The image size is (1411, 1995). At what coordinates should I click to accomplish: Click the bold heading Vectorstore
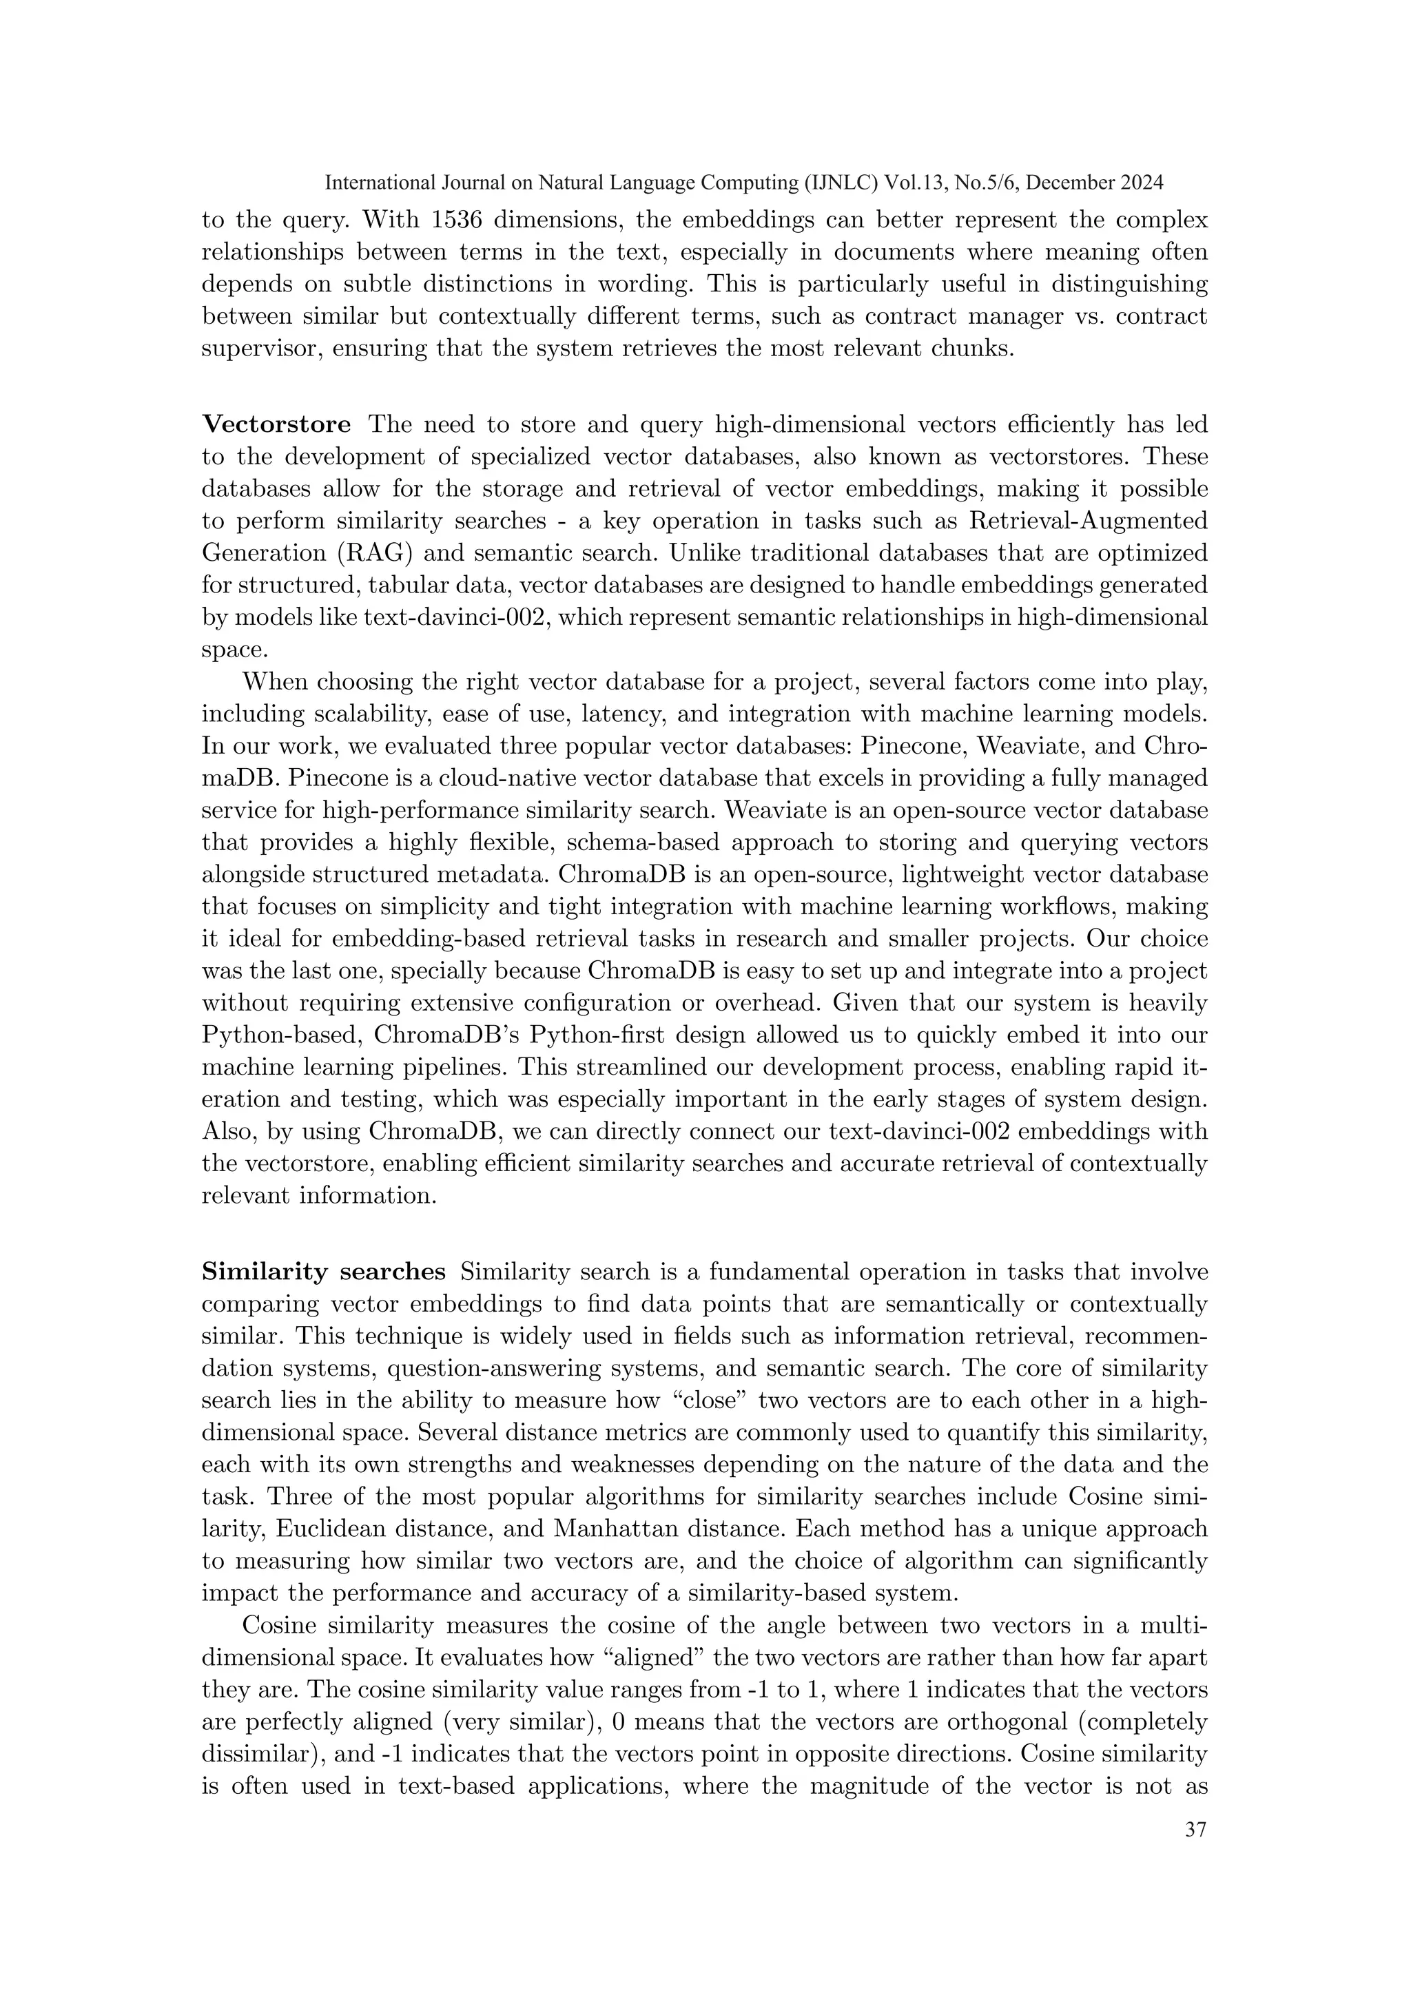(x=276, y=424)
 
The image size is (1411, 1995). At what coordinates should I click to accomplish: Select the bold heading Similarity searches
(x=323, y=1272)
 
